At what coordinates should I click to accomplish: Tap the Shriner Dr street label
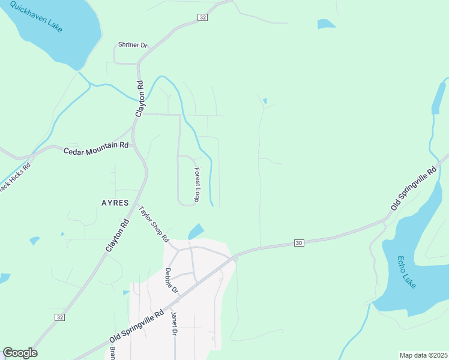click(x=132, y=45)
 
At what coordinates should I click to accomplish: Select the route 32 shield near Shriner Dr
click(x=202, y=18)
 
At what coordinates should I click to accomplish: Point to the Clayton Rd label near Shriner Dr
click(x=139, y=98)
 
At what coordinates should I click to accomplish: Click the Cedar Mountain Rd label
click(x=96, y=146)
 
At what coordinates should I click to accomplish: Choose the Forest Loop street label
click(x=196, y=184)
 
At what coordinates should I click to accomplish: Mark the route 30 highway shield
click(x=299, y=242)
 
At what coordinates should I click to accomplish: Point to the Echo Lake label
click(x=406, y=272)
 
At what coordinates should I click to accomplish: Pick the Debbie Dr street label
click(x=171, y=280)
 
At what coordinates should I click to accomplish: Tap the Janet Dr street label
click(x=174, y=324)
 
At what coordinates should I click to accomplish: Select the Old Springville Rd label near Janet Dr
click(x=136, y=327)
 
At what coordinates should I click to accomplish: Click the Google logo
click(x=20, y=353)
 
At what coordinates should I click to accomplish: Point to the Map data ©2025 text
click(x=423, y=355)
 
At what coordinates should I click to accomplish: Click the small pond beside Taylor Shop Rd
click(x=196, y=231)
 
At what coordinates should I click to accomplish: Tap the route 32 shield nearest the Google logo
click(x=59, y=316)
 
